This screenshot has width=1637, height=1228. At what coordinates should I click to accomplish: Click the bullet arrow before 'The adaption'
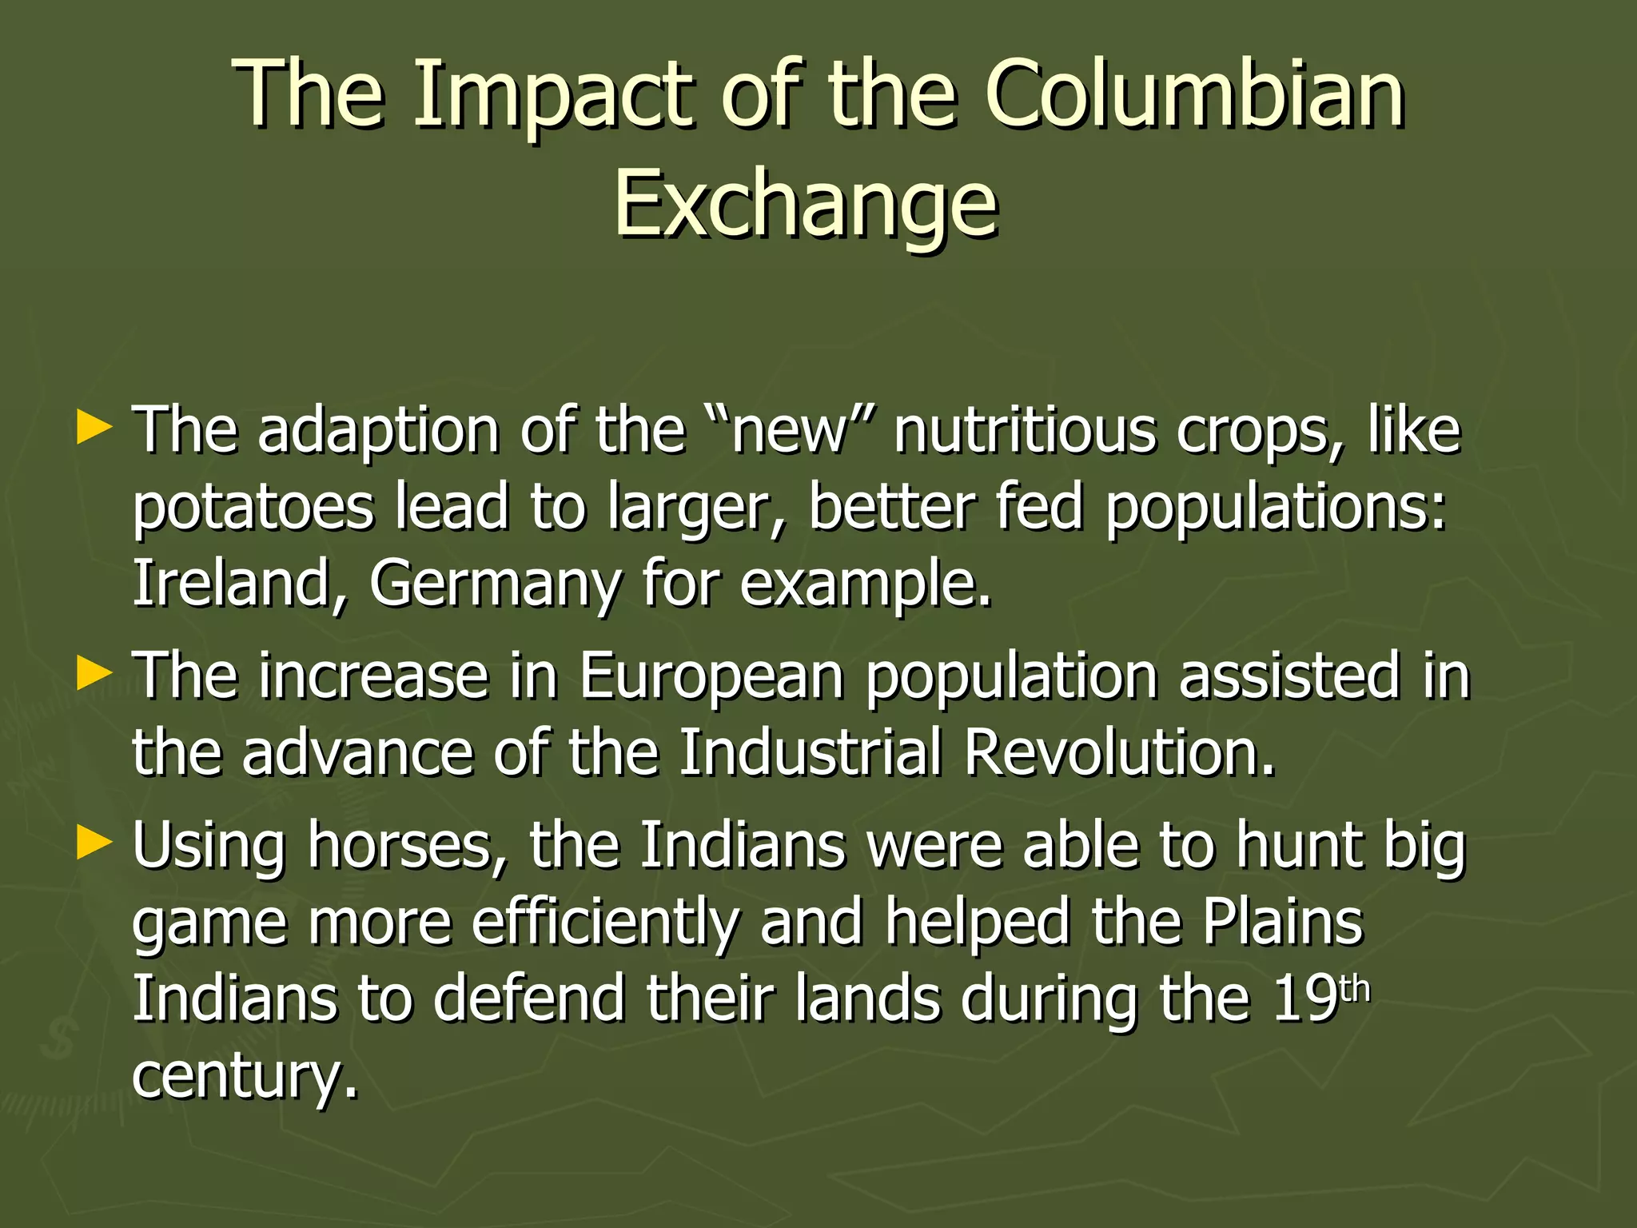[x=94, y=429]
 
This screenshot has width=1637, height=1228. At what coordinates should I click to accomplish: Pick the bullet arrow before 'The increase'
[x=94, y=673]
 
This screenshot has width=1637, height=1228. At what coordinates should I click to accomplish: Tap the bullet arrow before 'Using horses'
[x=94, y=843]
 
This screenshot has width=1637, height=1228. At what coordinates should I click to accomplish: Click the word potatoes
[x=252, y=509]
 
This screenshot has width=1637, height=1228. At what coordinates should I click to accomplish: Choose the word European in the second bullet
[x=711, y=676]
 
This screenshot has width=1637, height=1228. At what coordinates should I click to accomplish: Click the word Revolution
[x=1118, y=753]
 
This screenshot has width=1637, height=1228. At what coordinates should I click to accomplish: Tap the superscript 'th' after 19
[x=1354, y=990]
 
